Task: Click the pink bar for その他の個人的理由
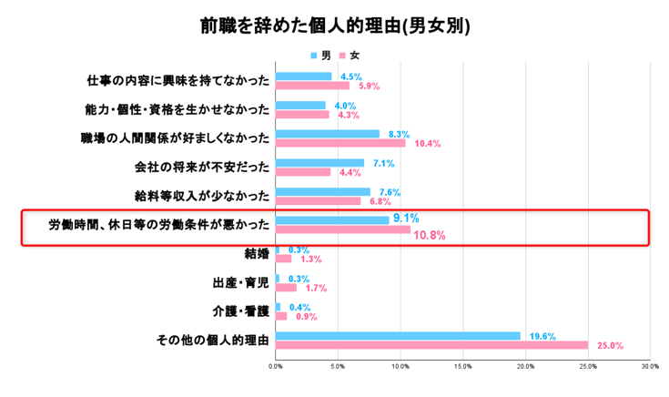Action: [x=431, y=345]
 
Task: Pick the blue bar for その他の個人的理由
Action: [x=398, y=335]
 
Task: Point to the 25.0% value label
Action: [x=610, y=346]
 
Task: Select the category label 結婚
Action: [x=257, y=253]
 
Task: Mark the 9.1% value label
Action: [x=405, y=219]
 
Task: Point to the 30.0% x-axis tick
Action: [x=649, y=367]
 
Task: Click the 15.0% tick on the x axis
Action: [x=462, y=367]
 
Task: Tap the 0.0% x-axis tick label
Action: [x=276, y=367]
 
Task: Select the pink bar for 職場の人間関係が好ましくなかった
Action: [x=340, y=143]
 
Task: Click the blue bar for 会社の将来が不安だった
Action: [x=319, y=163]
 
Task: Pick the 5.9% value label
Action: [x=369, y=87]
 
